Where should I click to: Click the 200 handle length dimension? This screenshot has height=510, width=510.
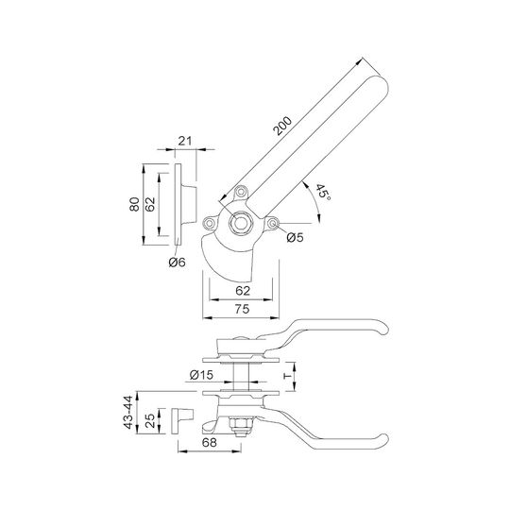coord(282,126)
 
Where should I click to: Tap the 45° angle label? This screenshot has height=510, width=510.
coord(323,193)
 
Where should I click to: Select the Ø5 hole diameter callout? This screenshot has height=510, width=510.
coord(295,237)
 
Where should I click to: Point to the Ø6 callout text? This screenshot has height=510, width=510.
coord(178,262)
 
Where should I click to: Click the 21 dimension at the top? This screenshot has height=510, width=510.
coord(185,141)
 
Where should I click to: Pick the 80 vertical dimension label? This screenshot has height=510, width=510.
coord(134,204)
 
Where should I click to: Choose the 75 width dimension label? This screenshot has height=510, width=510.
coord(242,309)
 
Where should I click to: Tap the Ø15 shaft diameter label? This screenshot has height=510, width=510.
coord(202,375)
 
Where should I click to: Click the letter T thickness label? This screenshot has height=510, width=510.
coord(287,376)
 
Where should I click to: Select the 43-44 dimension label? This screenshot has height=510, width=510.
coord(128,412)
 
